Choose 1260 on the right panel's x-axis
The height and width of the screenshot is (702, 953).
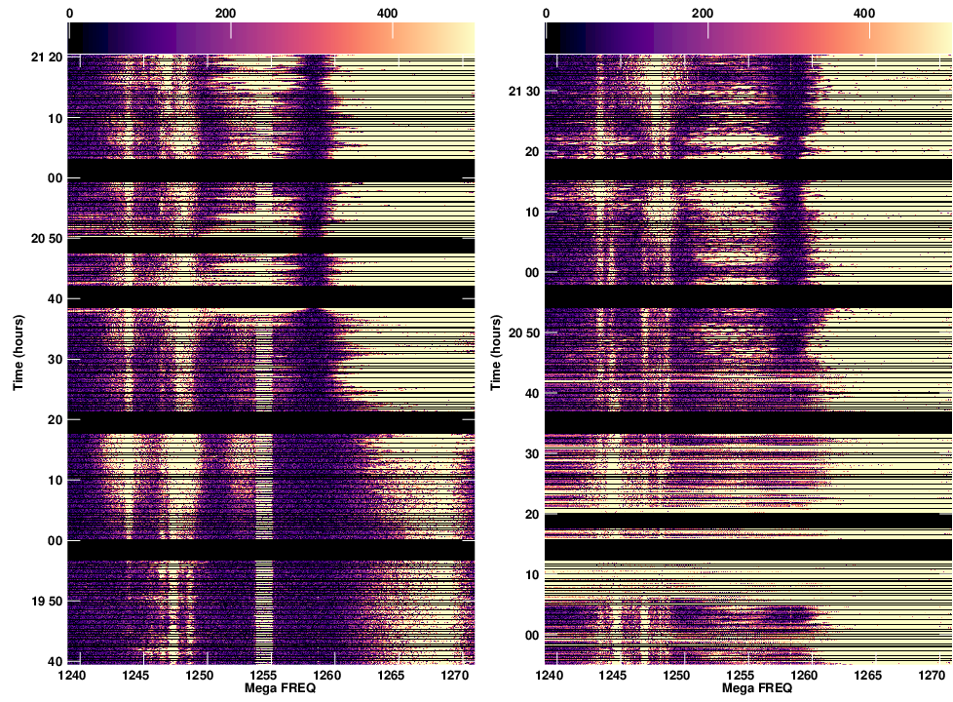coord(805,675)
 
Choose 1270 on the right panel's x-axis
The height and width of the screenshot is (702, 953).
coord(933,675)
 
